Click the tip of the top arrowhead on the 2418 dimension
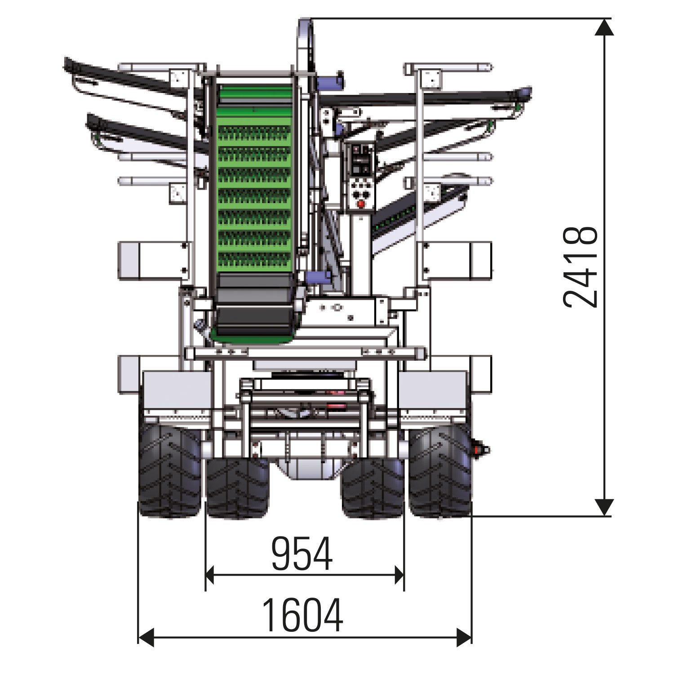point(604,19)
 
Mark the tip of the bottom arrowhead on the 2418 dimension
point(604,515)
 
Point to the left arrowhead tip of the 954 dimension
point(206,575)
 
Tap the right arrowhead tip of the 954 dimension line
point(404,575)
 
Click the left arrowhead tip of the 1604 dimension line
point(138,637)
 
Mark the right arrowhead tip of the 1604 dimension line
point(471,637)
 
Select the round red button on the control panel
point(360,204)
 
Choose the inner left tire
point(237,488)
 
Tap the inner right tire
point(372,488)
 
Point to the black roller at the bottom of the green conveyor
point(254,304)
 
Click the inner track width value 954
point(302,553)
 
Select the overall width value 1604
point(302,615)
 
